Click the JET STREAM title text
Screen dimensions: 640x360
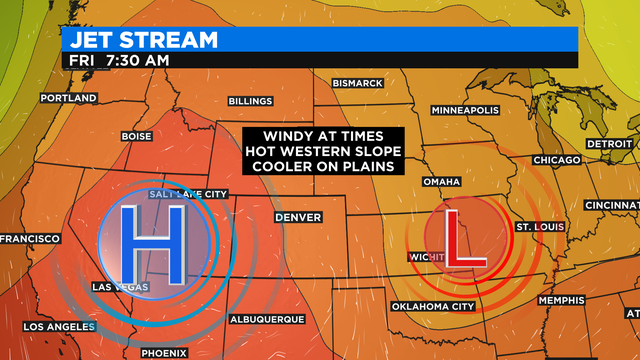[139, 39]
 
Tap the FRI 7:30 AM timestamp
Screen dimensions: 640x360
[119, 60]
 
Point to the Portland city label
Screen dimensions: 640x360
[68, 98]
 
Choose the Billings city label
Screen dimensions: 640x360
[250, 102]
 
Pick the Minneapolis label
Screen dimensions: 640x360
[465, 110]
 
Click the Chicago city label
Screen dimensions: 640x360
[557, 160]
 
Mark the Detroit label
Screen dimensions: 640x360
[609, 144]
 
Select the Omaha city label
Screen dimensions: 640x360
[442, 182]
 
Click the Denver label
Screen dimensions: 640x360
[299, 217]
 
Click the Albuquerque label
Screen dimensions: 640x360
[266, 319]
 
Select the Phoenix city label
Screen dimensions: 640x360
[163, 353]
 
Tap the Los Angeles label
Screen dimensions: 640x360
[59, 327]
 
